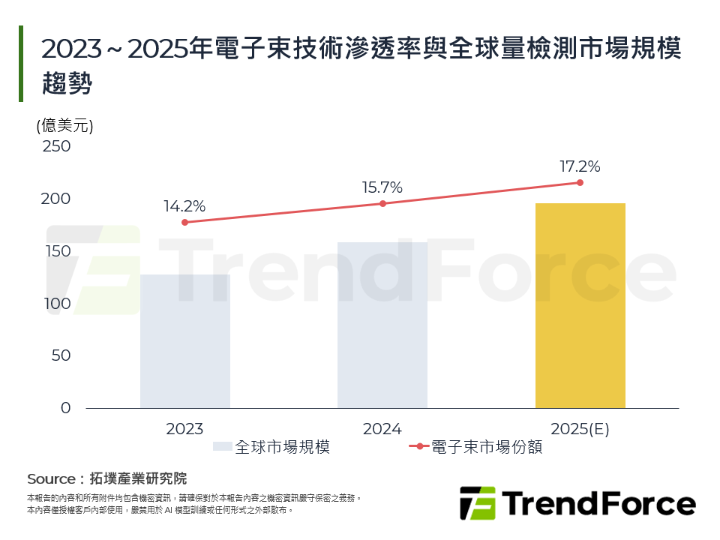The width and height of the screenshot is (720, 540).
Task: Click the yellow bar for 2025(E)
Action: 580,306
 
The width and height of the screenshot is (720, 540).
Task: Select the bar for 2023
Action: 184,341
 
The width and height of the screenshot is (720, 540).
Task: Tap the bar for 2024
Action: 382,325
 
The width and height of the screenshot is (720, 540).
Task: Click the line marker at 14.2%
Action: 184,222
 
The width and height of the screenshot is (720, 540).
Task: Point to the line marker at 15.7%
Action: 382,203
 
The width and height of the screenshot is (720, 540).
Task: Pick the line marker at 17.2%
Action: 580,182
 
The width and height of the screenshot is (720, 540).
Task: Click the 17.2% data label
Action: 580,166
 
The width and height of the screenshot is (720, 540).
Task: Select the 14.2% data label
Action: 184,206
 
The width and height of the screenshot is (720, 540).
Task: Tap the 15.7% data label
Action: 382,187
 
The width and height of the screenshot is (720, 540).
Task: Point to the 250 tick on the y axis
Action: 56,146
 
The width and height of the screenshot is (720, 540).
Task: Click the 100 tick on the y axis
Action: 56,304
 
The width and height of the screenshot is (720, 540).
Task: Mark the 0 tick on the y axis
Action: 65,408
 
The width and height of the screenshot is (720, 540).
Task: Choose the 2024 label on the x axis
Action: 382,429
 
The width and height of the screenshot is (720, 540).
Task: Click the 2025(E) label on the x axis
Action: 580,429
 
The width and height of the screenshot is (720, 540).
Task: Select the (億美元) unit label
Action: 64,126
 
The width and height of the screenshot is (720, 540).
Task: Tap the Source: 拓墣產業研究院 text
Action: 106,478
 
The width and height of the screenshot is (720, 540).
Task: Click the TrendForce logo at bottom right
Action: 577,502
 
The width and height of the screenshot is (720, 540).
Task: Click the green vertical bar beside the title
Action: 21,64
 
